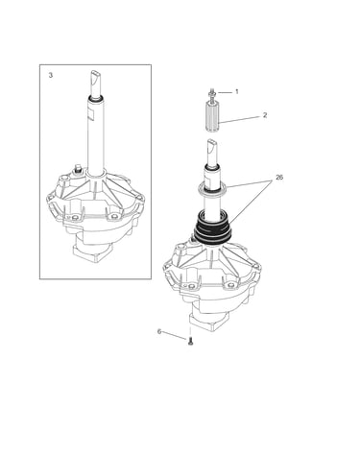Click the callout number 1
237,92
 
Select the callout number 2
265,115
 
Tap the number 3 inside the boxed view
51,76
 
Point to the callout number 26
279,178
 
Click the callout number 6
159,331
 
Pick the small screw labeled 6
190,342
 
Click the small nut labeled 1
212,93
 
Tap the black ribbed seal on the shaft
212,229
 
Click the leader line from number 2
240,120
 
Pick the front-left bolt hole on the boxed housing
75,218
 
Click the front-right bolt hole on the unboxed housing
229,285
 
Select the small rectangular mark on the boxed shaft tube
90,115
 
